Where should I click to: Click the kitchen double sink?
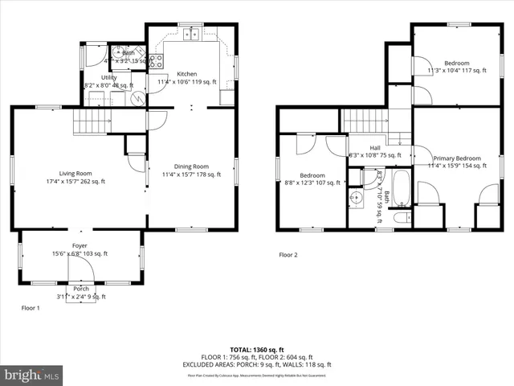(x=191, y=34)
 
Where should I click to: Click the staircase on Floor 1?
(x=91, y=123)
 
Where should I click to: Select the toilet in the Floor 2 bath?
(x=401, y=216)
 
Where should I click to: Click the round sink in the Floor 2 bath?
(x=357, y=196)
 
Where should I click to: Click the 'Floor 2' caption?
(x=288, y=255)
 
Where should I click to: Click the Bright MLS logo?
(x=32, y=376)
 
